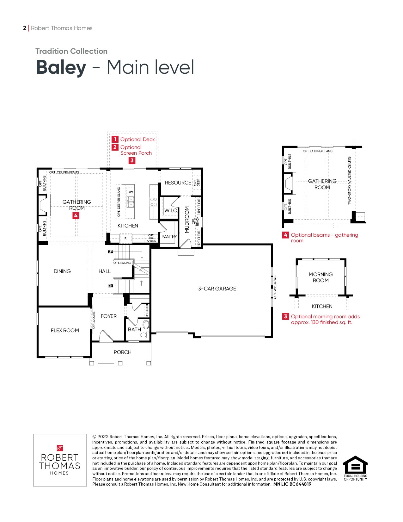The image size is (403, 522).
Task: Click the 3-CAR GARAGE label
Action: tap(217, 289)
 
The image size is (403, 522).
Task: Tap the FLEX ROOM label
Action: tap(65, 330)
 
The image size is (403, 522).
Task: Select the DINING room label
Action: tap(62, 271)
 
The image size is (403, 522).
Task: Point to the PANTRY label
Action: tap(169, 237)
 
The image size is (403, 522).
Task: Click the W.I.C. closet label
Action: tap(171, 211)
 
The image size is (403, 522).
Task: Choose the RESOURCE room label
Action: tap(178, 183)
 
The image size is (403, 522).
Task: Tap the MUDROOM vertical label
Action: tap(187, 220)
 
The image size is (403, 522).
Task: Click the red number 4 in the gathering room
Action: tap(76, 215)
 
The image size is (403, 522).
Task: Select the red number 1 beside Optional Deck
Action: tap(115, 139)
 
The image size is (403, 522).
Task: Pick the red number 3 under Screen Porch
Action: tap(132, 160)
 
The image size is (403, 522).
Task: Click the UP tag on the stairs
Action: tap(110, 252)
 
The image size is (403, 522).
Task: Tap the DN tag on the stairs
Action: tap(110, 286)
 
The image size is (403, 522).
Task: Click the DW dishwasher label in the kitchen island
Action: tap(130, 192)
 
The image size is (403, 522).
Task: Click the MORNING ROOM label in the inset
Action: tap(321, 277)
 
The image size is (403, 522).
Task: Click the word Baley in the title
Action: tap(61, 67)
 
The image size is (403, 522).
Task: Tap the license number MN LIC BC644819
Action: tap(292, 484)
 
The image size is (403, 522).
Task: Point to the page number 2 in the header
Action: tap(24, 28)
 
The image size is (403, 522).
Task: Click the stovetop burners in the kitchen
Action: tap(154, 202)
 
